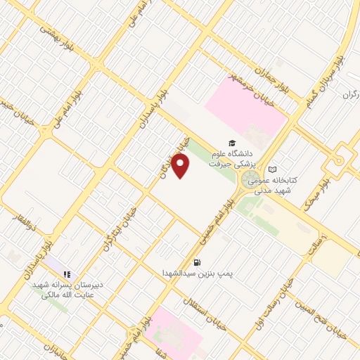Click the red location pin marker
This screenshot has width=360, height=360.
point(181,165)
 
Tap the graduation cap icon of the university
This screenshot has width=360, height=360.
point(231,142)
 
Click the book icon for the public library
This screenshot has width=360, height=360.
point(273,169)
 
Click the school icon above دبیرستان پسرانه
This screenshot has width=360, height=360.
point(67,275)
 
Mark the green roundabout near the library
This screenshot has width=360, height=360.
point(249,182)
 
